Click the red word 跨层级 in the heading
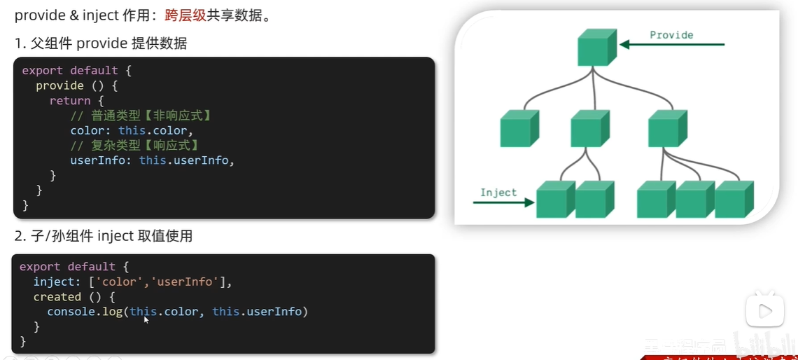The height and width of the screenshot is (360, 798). [180, 15]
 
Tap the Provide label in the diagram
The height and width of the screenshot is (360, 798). [671, 35]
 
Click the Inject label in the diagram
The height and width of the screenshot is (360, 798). [498, 193]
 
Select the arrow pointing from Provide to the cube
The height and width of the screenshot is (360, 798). [672, 45]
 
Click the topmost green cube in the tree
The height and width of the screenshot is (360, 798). [596, 48]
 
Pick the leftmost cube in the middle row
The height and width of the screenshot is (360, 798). [519, 129]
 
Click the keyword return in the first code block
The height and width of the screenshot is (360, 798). [70, 101]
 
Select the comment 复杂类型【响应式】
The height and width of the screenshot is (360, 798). [134, 146]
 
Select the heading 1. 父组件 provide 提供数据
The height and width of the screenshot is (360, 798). [101, 43]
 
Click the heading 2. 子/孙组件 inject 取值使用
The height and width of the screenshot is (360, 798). [103, 236]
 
